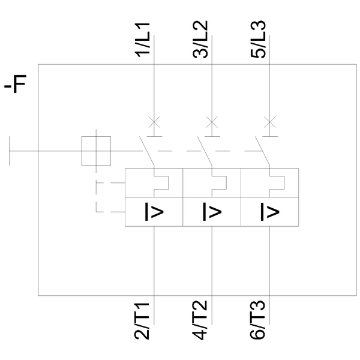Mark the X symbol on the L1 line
click(154, 122)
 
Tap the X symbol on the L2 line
click(211, 122)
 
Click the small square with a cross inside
click(96, 150)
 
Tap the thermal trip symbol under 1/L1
click(160, 182)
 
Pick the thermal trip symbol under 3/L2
click(217, 182)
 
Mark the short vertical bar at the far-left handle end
click(10, 150)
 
